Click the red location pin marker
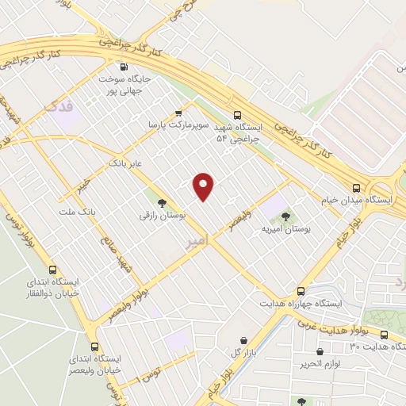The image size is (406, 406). click(x=205, y=186)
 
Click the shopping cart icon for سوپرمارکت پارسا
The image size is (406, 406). click(x=178, y=113)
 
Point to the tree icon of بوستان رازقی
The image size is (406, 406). click(x=162, y=203)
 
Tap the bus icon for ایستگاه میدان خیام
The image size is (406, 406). click(x=357, y=188)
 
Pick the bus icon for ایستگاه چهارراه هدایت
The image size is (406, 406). click(x=300, y=291)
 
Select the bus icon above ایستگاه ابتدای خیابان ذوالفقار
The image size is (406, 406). click(x=53, y=270)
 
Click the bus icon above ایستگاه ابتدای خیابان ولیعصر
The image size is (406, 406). click(x=95, y=347)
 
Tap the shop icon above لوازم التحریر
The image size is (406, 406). click(x=320, y=351)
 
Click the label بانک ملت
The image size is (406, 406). click(x=77, y=213)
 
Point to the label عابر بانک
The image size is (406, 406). click(x=125, y=163)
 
